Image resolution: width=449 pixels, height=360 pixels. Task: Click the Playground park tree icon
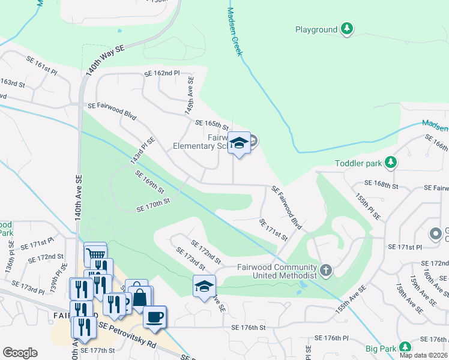(x=346, y=29)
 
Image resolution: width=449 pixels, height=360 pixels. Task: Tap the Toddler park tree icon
(x=391, y=163)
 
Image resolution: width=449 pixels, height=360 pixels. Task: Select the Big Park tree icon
(x=406, y=347)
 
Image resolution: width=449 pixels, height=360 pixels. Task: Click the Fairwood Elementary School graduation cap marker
(x=239, y=143)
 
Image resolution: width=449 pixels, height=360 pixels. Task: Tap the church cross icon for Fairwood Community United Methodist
(x=326, y=270)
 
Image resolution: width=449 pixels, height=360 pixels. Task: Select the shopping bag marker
(x=139, y=296)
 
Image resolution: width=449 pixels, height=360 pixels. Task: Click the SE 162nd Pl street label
(x=161, y=73)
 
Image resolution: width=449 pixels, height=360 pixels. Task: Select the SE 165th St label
(x=212, y=125)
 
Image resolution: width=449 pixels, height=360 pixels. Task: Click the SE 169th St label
(x=149, y=182)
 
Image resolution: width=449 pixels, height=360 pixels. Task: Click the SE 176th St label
(x=248, y=327)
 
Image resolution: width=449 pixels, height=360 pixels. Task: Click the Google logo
(x=20, y=353)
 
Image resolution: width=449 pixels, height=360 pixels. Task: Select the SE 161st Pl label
(x=41, y=65)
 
